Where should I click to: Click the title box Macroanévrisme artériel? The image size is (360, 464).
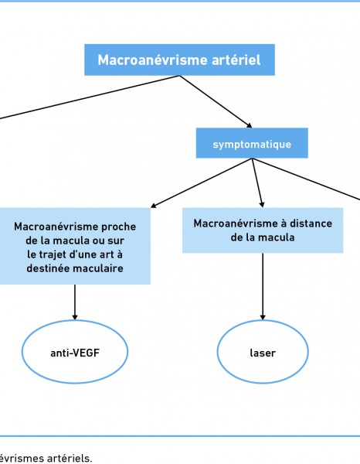point(179,60)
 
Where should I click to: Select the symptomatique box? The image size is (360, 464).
point(252,143)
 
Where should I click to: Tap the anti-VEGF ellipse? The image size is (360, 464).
point(75,352)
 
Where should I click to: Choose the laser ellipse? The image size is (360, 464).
point(263,352)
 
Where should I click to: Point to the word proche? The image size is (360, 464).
point(118,227)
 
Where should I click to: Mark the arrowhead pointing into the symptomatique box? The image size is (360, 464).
point(250,125)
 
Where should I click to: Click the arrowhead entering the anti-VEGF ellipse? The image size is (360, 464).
point(75,317)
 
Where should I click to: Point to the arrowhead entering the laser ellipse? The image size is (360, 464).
point(263,317)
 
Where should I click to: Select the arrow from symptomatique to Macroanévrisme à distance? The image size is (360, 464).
point(257,183)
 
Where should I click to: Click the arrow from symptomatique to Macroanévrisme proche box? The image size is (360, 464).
point(202,183)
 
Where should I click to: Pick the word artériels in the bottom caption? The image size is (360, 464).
point(70,459)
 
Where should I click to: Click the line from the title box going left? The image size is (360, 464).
point(90,97)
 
